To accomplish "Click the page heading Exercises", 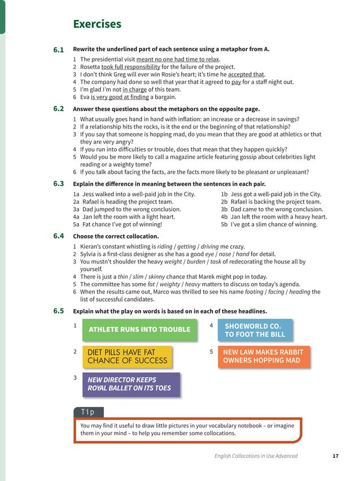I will click(97, 24).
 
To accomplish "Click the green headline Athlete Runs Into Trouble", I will click(139, 329).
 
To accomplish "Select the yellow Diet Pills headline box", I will click(127, 356).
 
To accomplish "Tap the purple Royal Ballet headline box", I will click(131, 384).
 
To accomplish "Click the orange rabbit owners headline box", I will click(264, 356).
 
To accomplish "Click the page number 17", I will click(335, 456).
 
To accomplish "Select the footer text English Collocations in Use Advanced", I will click(256, 456).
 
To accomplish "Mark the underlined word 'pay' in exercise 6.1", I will click(236, 81).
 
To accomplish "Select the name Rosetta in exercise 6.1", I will click(90, 67).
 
